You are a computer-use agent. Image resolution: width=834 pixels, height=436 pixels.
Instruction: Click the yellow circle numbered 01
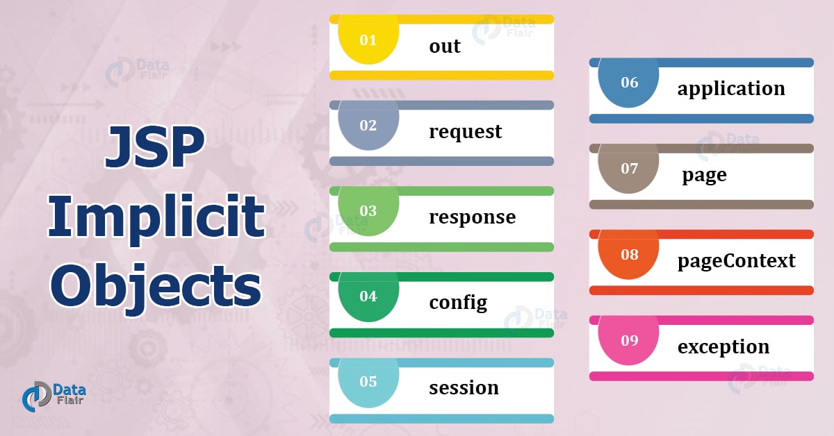tap(368, 40)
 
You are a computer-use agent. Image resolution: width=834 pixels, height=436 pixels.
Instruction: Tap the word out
tap(445, 46)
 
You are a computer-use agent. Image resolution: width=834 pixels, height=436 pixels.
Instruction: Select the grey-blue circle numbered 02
tap(368, 125)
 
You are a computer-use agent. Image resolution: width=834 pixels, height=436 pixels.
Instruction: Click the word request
tap(465, 131)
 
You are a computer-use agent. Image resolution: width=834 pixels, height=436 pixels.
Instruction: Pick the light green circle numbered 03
tap(368, 210)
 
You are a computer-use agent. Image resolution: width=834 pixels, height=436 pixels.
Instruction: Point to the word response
tap(472, 217)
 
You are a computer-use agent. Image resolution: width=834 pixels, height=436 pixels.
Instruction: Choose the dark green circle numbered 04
tap(368, 296)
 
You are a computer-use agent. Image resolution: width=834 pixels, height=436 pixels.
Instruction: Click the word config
tap(458, 302)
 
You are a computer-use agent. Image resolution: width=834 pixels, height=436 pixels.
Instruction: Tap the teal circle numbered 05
tap(368, 381)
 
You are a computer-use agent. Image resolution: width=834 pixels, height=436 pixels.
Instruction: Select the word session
tap(464, 387)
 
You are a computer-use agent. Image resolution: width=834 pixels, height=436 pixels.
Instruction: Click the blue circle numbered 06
tap(628, 82)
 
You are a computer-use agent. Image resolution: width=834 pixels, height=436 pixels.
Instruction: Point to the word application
tap(731, 89)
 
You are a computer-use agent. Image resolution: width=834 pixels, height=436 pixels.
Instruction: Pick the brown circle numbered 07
tap(628, 168)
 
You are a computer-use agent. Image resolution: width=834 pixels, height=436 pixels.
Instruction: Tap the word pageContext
tap(736, 260)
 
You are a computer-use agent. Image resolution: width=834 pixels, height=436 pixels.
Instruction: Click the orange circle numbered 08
tap(628, 254)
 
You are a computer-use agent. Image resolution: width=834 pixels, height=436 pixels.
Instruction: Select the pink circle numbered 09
tap(628, 340)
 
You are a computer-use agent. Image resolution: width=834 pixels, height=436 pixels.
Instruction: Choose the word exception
tap(723, 346)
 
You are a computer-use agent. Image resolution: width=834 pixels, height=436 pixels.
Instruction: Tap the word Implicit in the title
tap(156, 217)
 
